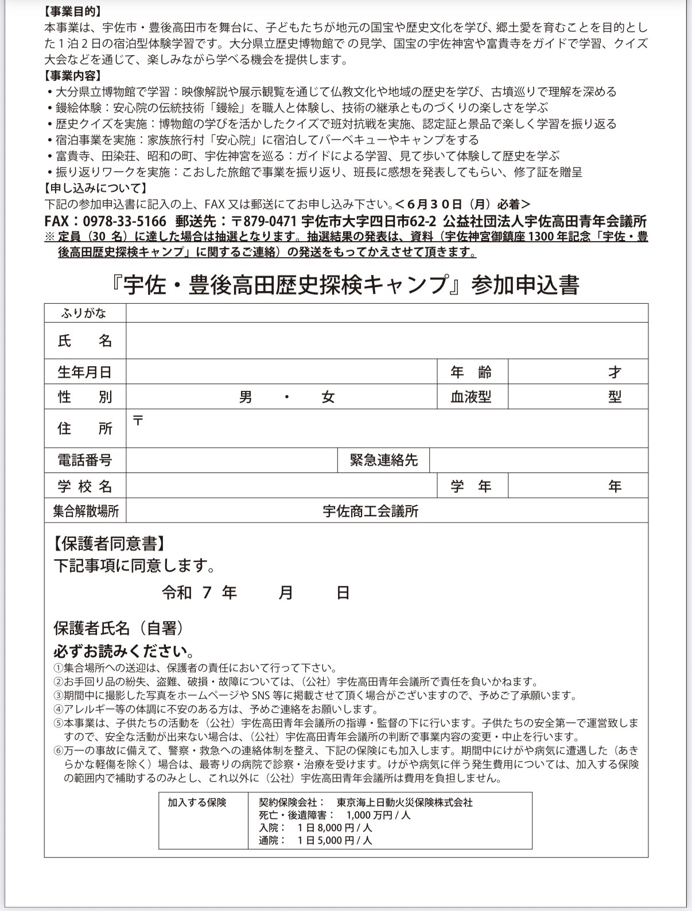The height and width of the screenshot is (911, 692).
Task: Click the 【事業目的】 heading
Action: pos(72,11)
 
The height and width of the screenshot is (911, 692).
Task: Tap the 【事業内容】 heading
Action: pos(72,75)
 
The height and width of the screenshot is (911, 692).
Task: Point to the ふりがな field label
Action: pos(84,313)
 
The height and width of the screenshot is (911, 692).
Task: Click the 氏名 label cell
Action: pos(85,341)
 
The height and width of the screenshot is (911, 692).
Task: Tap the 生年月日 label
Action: pos(84,372)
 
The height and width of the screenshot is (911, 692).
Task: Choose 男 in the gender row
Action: pos(246,397)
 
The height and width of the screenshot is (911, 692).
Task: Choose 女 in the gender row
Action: pos(328,397)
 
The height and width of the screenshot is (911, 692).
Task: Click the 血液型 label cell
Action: pos(471,397)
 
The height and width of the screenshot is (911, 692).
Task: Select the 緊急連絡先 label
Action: pos(383,460)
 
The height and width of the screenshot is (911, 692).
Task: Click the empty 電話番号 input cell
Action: pos(231,460)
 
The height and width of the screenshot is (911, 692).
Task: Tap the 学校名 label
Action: pos(85,487)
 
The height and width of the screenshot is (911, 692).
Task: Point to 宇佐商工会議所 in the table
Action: pos(370,511)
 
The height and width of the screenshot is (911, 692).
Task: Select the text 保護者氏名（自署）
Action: pos(119,628)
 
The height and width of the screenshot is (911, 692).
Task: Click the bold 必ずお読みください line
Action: pos(123,652)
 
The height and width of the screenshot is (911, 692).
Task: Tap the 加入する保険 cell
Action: pos(197,803)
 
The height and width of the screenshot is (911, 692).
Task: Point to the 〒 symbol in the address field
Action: pos(138,420)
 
